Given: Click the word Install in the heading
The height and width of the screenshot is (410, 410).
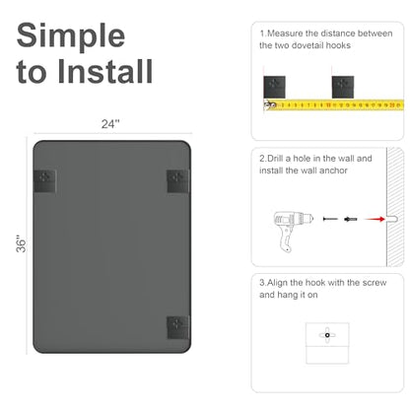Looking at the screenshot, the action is [x=105, y=71].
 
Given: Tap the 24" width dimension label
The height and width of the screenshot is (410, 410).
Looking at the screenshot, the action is [x=110, y=124].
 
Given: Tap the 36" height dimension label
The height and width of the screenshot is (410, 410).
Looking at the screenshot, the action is [x=21, y=243].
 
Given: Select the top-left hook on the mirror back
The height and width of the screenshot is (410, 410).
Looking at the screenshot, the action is [x=45, y=181].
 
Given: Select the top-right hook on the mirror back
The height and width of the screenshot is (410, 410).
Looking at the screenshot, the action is [x=178, y=181].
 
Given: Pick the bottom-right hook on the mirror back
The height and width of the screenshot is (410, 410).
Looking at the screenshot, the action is [x=178, y=327].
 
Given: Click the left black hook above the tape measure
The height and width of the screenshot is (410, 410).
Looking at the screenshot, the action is [x=274, y=87].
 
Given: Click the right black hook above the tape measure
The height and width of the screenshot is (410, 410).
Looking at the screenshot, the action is [x=343, y=87].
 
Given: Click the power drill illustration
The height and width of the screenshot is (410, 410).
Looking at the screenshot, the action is [x=292, y=231].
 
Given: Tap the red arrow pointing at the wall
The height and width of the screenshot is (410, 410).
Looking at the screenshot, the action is [x=375, y=219].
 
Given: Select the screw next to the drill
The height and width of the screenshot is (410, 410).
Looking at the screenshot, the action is [x=330, y=219].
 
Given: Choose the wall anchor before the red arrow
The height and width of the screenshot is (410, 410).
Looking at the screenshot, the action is [x=351, y=219].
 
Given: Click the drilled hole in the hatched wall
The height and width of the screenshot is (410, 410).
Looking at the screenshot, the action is [x=391, y=219].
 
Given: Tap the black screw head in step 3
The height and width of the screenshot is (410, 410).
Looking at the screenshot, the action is [x=327, y=335].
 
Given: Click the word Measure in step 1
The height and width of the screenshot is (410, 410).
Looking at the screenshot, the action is [x=285, y=34].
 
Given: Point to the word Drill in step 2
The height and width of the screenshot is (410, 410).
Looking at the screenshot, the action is [x=275, y=159].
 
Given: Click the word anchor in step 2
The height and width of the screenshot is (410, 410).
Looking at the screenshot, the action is [x=333, y=171].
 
